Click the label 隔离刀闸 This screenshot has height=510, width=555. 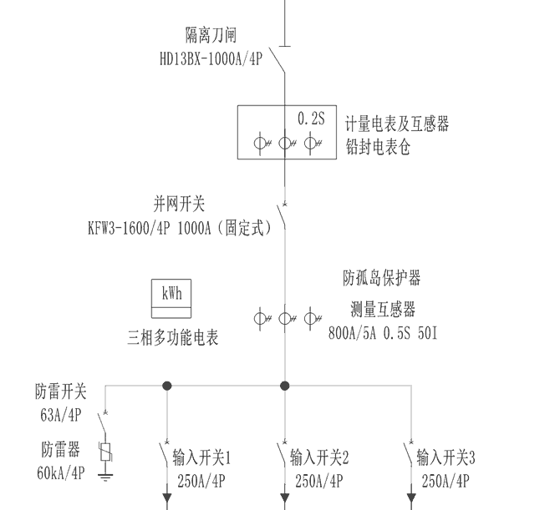point(211,35)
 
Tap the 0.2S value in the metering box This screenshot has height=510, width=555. point(311,119)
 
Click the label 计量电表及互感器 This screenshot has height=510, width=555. point(397,124)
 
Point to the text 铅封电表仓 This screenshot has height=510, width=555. point(378,148)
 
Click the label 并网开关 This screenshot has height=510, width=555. point(179,203)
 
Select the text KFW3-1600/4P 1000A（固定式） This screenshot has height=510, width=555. point(179,227)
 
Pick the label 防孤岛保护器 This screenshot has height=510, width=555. point(381,276)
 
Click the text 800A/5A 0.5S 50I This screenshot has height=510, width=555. point(384,333)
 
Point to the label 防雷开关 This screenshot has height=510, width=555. point(60,391)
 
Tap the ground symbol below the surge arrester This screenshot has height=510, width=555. point(104,477)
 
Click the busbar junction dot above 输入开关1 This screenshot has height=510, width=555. point(166,386)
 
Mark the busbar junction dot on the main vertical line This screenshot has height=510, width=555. point(284,386)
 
